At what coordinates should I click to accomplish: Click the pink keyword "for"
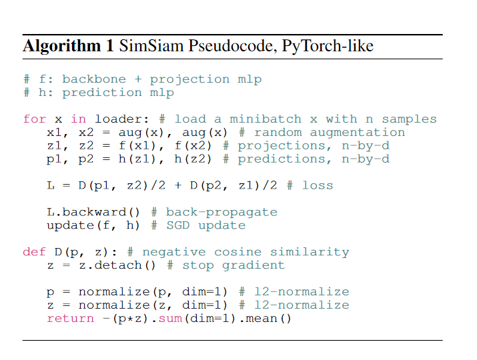point(35,119)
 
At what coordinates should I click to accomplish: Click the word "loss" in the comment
point(318,185)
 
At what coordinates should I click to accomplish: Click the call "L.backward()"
point(94,212)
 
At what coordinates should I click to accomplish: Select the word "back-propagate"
point(221,212)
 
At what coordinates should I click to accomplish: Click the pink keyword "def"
point(35,252)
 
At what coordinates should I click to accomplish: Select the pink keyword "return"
point(70,319)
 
